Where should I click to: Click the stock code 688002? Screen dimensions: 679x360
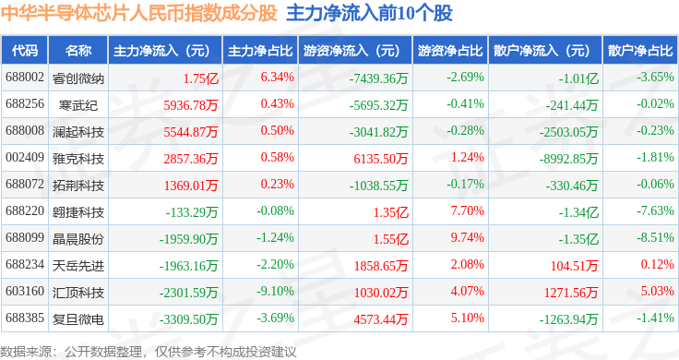[25, 78]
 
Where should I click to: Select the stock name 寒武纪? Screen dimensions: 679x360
[78, 105]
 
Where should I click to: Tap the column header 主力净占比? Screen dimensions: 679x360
[260, 51]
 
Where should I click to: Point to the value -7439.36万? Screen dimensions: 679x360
[378, 78]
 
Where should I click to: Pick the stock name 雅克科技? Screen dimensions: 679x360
[78, 159]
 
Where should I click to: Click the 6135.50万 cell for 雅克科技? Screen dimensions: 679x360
[381, 159]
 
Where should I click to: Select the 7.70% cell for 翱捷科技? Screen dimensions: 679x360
[467, 211]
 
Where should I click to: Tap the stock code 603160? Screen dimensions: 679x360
[25, 291]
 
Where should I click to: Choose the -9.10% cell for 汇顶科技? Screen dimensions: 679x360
[275, 291]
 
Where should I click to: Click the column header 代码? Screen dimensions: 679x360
[25, 51]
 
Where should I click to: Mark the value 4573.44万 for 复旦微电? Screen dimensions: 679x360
[381, 319]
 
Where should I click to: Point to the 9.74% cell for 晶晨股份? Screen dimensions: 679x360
[467, 238]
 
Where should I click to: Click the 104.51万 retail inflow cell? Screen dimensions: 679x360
[574, 266]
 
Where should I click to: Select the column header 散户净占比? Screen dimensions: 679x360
[640, 51]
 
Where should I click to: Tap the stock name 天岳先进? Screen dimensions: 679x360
[78, 266]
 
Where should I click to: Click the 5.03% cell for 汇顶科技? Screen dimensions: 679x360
[658, 291]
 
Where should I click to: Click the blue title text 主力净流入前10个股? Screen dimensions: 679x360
[369, 14]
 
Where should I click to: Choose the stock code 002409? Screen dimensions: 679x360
[25, 157]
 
